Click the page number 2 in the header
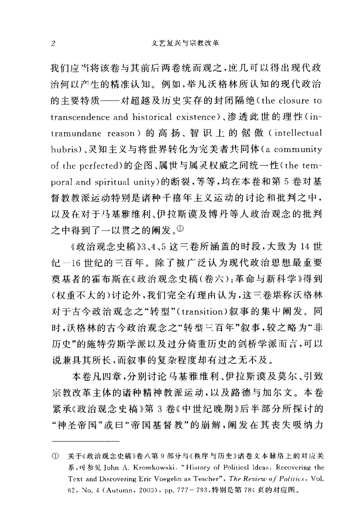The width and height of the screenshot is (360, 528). pyautogui.click(x=53, y=44)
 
